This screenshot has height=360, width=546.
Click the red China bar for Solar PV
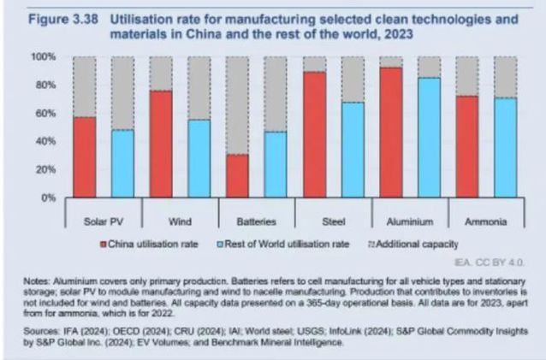coord(85,157)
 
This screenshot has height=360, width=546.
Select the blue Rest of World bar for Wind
coord(199,159)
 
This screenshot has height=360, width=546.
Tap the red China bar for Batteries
coord(239,176)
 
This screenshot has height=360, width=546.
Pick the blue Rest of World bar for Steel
coord(353,150)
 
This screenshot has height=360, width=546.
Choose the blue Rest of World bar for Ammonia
coord(506,148)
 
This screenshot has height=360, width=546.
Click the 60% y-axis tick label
coord(45,114)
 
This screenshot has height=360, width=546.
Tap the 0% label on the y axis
coord(47,198)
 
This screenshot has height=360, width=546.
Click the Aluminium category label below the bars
coord(410,221)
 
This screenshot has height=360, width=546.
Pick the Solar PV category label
coord(104,221)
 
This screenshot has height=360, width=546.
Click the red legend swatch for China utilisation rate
coord(107,244)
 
